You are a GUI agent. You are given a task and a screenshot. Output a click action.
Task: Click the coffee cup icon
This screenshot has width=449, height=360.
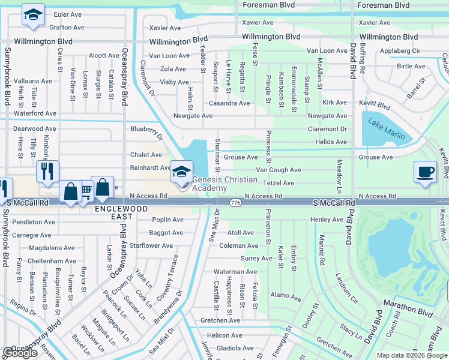pyautogui.click(x=425, y=172)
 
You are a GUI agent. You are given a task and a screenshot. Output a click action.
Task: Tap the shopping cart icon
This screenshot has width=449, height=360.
pyautogui.click(x=85, y=191)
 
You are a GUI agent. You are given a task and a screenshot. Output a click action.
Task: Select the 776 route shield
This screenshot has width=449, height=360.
pyautogui.click(x=235, y=204)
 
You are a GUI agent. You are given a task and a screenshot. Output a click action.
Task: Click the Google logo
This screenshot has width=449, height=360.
pyautogui.click(x=20, y=353)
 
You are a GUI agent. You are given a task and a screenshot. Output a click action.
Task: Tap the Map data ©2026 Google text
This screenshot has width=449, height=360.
pyautogui.click(x=412, y=355)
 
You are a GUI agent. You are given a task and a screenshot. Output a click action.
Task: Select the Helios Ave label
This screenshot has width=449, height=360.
pyautogui.click(x=331, y=142)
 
